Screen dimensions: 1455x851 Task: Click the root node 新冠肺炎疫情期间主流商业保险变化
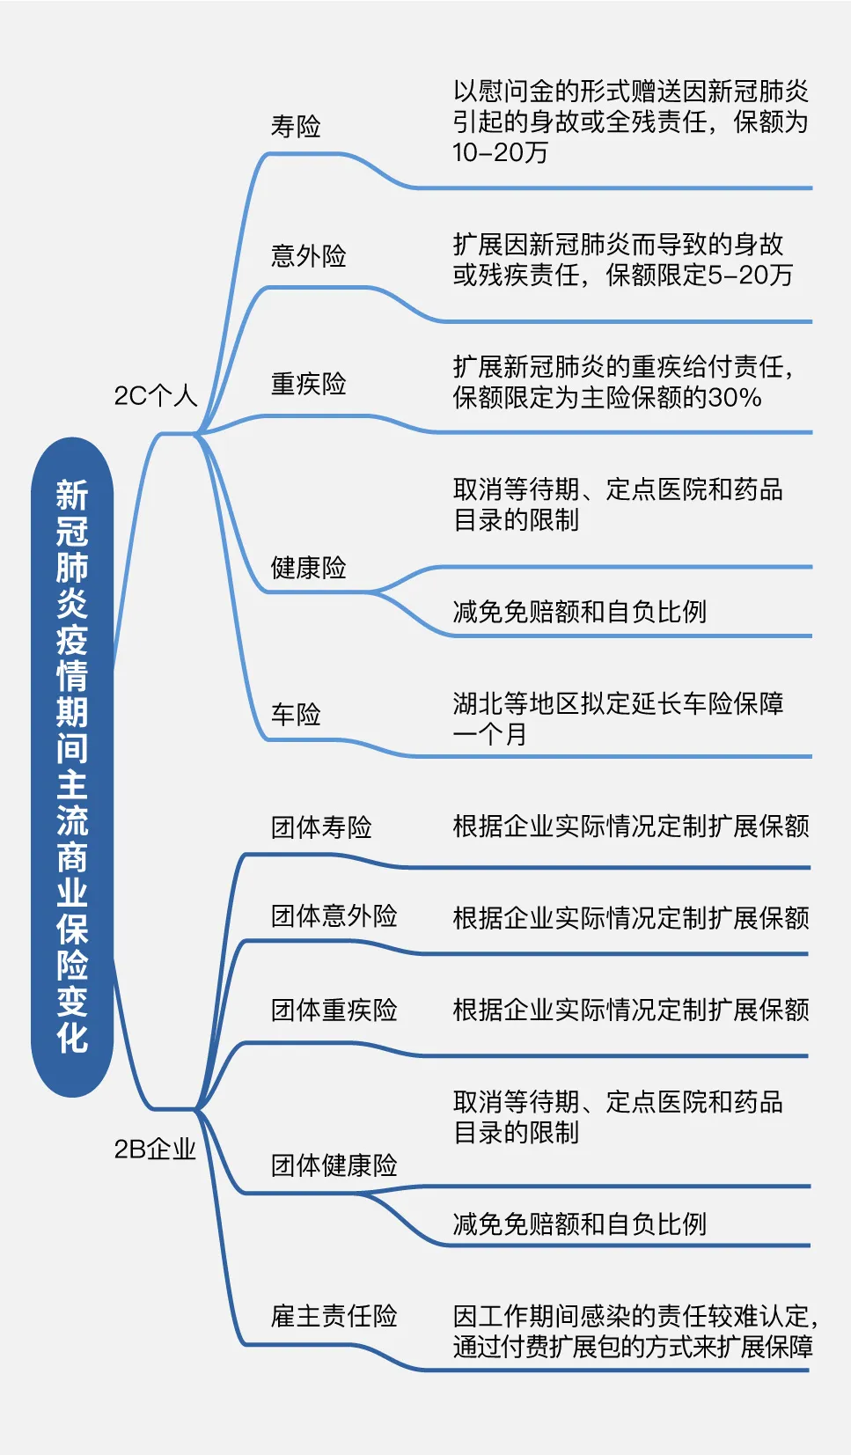(x=72, y=766)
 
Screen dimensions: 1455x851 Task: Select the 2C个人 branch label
(x=156, y=395)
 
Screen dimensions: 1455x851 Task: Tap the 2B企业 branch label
(x=155, y=1149)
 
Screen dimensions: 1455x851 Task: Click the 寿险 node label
(x=296, y=127)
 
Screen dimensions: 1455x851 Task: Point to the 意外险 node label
(x=308, y=256)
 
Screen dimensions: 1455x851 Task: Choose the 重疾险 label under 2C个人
(x=308, y=384)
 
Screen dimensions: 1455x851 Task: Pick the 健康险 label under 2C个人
(x=308, y=568)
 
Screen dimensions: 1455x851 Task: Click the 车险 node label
(x=296, y=714)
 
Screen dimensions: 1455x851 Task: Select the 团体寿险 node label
(x=321, y=827)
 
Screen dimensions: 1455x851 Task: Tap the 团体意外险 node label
(x=334, y=916)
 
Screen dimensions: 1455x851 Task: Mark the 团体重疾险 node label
(x=334, y=1010)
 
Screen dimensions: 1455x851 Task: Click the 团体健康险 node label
(x=334, y=1165)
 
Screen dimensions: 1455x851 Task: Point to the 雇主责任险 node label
(x=334, y=1316)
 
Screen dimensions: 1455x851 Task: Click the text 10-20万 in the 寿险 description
(x=500, y=153)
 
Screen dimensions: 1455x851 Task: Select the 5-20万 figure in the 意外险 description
(x=751, y=276)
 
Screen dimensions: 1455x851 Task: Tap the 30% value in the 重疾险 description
(x=735, y=398)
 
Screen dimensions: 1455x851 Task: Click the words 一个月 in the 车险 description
(x=490, y=734)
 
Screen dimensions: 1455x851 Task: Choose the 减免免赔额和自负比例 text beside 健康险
(x=579, y=612)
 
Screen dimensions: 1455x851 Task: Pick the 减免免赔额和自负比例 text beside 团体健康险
(x=579, y=1224)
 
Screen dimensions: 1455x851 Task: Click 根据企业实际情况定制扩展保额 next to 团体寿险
(x=631, y=827)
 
